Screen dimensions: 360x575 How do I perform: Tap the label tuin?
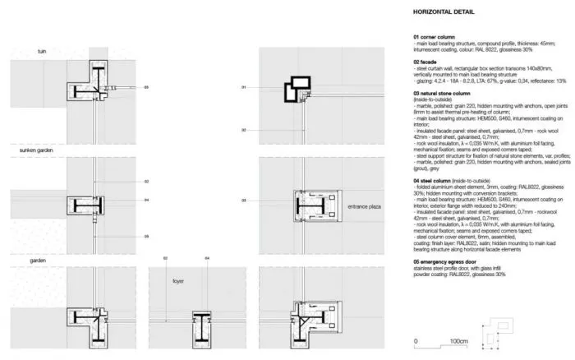[42, 52]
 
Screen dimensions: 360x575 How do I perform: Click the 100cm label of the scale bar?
[447, 340]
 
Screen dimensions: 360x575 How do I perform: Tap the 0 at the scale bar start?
[416, 340]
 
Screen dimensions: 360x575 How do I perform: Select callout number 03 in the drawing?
[244, 200]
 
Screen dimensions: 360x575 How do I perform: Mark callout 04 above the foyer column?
[207, 259]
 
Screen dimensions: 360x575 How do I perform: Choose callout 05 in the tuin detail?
[147, 86]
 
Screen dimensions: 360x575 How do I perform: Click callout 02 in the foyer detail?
[164, 259]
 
